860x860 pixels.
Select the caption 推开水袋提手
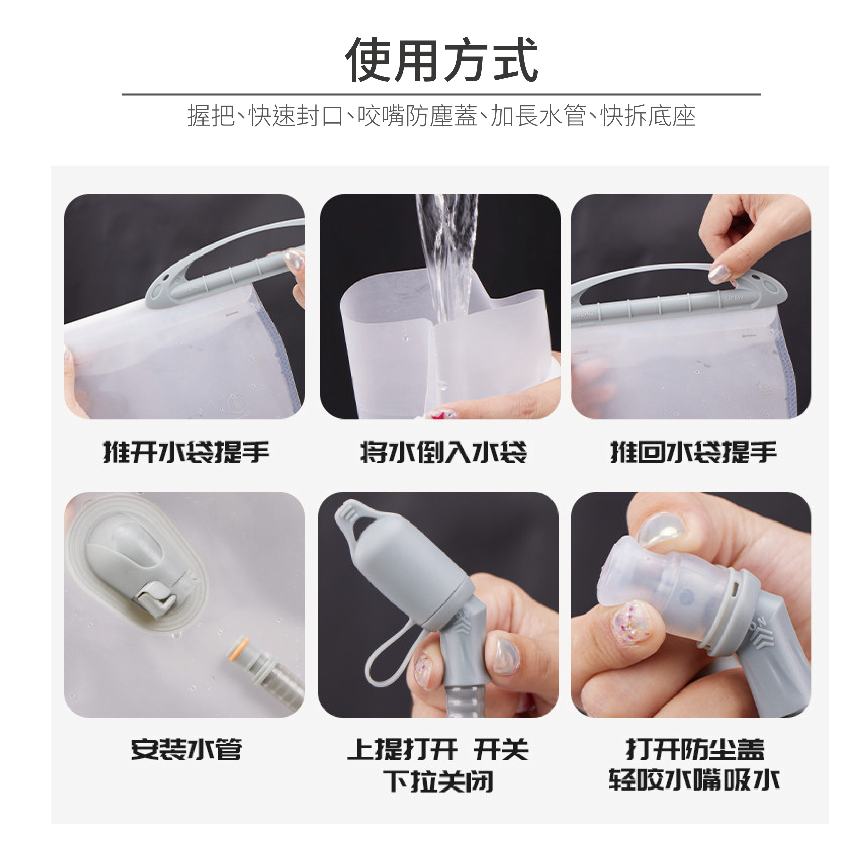(x=186, y=452)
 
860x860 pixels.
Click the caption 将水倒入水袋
(x=443, y=452)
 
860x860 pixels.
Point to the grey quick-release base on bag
(x=134, y=565)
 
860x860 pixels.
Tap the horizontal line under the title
(x=441, y=94)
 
